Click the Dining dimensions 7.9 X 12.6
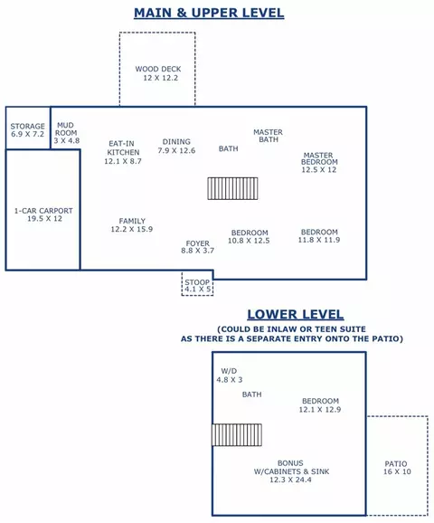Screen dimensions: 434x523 176,150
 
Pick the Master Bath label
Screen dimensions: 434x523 268,136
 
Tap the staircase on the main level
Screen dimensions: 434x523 232,188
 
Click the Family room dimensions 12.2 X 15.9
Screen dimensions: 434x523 132,229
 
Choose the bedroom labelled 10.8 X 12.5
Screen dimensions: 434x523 249,236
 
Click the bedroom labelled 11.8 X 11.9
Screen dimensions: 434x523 319,236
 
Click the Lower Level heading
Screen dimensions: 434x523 296,314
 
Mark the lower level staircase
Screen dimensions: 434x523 237,434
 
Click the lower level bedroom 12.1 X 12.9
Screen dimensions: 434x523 320,405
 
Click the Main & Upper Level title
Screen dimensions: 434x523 209,13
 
